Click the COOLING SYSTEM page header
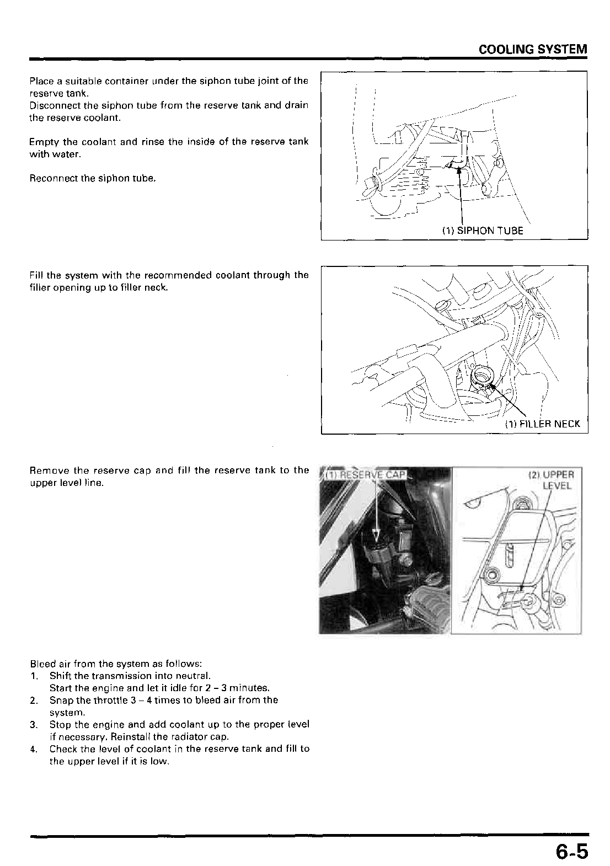point(532,49)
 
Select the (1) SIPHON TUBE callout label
point(482,231)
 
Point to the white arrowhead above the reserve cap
point(376,535)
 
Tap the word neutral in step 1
point(195,676)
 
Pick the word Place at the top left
point(41,81)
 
